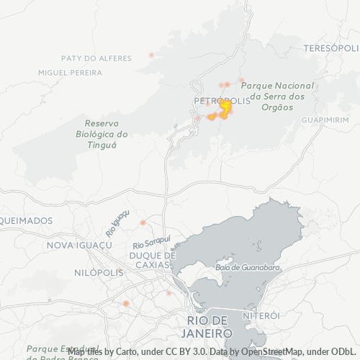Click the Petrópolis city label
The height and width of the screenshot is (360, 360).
[x=222, y=101]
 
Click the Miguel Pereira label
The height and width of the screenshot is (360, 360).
[x=70, y=73]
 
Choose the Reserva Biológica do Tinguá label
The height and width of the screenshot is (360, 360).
[x=102, y=133]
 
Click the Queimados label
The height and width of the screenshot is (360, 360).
[x=27, y=220]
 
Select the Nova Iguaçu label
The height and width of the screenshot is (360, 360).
[x=79, y=246]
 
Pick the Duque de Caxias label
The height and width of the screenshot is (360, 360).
[x=152, y=260]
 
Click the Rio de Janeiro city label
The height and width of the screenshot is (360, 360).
[x=207, y=327]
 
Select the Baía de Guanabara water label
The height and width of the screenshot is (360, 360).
[x=247, y=269]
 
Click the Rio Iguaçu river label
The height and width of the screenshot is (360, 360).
[x=117, y=223]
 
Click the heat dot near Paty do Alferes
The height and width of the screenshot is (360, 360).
[x=151, y=55]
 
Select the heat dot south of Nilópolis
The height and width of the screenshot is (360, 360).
[x=125, y=304]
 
